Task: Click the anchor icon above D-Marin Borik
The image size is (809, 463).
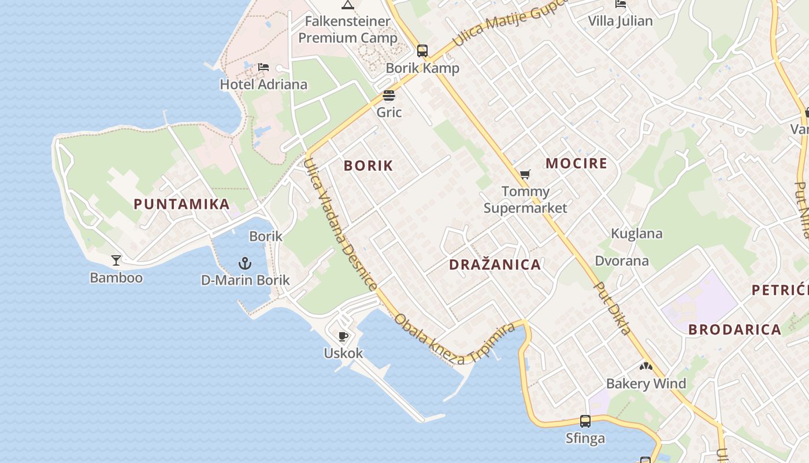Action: tap(245, 263)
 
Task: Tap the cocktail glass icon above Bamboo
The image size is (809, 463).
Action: tap(116, 260)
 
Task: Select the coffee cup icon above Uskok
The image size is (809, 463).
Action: tap(343, 336)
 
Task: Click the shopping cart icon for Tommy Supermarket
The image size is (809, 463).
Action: tap(525, 174)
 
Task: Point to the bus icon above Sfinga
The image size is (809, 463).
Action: tap(585, 421)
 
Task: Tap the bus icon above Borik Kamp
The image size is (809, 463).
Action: tap(422, 51)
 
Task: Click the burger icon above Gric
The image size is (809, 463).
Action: tap(389, 95)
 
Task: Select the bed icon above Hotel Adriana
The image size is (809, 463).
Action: tap(264, 67)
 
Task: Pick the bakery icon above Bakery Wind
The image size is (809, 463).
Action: tap(645, 366)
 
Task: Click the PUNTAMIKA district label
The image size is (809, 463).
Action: tap(181, 204)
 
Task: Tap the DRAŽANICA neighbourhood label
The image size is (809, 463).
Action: tap(495, 265)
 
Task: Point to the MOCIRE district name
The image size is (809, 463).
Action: tap(576, 163)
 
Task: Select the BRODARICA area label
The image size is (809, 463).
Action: tap(734, 330)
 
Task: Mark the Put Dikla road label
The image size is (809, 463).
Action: tap(613, 308)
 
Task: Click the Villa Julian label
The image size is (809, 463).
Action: tap(620, 21)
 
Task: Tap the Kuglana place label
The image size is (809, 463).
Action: tap(637, 234)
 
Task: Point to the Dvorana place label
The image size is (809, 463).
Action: tap(622, 261)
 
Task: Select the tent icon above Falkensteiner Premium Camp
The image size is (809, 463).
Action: tap(348, 5)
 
